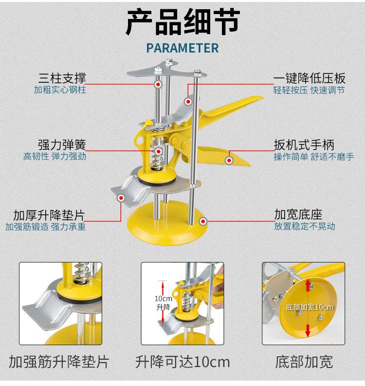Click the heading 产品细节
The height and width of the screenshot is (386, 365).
click(x=182, y=23)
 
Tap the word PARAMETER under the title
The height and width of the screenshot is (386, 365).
click(x=182, y=48)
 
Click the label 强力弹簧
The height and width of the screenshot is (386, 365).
click(x=66, y=145)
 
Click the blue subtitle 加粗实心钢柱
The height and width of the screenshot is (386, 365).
click(x=60, y=90)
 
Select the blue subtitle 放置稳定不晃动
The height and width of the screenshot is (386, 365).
click(x=305, y=227)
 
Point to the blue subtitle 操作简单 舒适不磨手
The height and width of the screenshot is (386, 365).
click(x=314, y=157)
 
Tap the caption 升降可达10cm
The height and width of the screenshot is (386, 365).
click(x=182, y=362)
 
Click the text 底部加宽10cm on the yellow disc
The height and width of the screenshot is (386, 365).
click(x=310, y=307)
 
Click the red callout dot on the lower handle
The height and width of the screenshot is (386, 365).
click(x=229, y=158)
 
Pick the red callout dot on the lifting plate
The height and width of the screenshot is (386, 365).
click(x=121, y=198)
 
